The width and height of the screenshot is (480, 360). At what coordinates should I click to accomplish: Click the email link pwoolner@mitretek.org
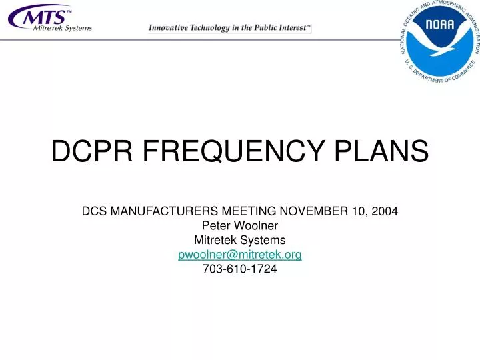(x=240, y=255)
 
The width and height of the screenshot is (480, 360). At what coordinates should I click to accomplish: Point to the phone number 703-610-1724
(x=240, y=269)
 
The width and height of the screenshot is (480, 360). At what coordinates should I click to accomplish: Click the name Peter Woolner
(x=240, y=225)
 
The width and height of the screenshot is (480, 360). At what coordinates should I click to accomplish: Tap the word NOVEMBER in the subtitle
(x=309, y=211)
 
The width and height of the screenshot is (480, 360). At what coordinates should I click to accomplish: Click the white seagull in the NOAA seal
(x=443, y=45)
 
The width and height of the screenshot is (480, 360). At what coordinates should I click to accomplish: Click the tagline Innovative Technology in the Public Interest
(x=229, y=28)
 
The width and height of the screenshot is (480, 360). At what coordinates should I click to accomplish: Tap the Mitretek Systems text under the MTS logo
(x=63, y=28)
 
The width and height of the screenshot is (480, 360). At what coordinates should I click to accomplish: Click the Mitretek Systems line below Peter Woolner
(x=240, y=240)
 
